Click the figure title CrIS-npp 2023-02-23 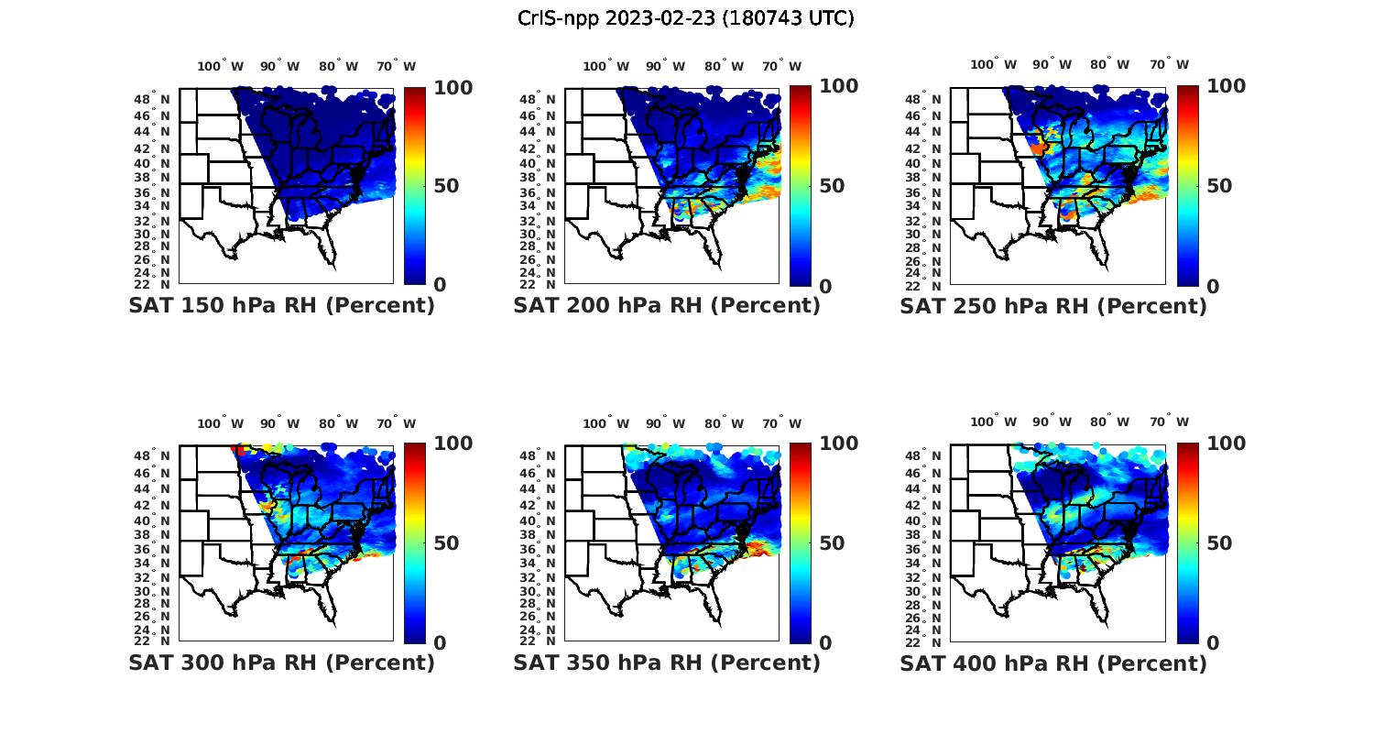coord(685,18)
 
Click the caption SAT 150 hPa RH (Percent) coord(282,306)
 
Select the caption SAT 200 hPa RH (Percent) coord(667,306)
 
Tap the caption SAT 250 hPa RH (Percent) coord(1053,306)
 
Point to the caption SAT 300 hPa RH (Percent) coord(282,663)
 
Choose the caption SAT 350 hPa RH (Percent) coord(667,663)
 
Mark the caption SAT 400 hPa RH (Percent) coord(1053,663)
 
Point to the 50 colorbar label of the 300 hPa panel coord(446,543)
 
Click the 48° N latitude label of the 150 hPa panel coord(153,99)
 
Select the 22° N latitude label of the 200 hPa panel coord(539,285)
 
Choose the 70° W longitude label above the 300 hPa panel coord(396,423)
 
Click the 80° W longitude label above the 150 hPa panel coord(339,66)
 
